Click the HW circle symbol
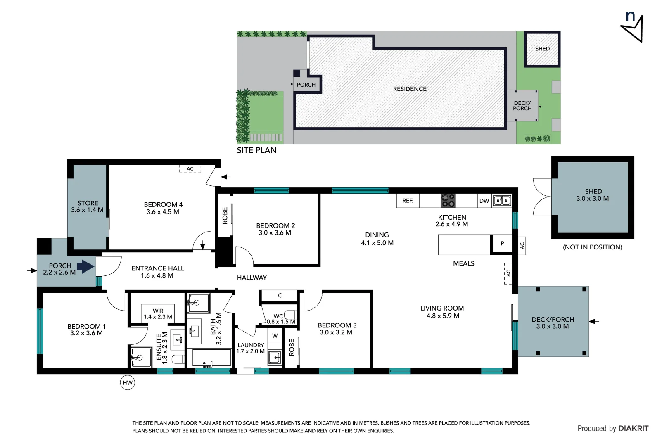[128, 382]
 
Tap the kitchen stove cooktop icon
[448, 201]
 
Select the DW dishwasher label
[484, 201]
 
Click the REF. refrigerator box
[408, 201]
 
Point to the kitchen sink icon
[502, 201]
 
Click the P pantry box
[502, 244]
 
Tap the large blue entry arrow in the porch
[85, 266]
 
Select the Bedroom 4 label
[163, 208]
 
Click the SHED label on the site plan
[542, 49]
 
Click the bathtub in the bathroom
[211, 358]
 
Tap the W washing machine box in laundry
[275, 335]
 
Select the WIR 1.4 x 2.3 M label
[158, 314]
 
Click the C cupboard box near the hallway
[280, 296]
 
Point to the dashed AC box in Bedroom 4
[190, 169]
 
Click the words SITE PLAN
[256, 150]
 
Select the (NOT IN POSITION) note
[592, 247]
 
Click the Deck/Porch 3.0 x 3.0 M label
[553, 323]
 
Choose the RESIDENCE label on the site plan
[410, 89]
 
